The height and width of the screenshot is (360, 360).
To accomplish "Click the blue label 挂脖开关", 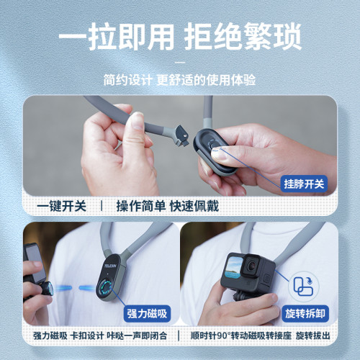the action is point(304,184).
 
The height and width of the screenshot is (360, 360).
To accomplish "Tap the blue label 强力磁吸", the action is point(147,313).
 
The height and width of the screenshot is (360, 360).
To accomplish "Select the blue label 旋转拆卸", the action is point(305,313).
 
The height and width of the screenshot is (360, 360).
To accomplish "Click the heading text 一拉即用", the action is point(117,37).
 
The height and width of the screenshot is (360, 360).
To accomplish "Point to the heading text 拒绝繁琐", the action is point(243,37).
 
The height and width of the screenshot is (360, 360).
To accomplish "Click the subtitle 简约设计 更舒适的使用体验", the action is point(179,80).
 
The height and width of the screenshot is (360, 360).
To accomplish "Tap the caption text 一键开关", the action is point(61,206).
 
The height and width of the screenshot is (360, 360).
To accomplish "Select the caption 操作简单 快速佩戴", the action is point(168,206).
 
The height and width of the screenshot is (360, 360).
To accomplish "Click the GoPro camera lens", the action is point(251,265).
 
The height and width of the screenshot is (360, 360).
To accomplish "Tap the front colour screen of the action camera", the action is point(234,269).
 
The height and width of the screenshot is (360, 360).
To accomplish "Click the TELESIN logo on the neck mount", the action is point(110,266).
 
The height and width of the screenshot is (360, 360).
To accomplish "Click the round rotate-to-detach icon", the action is point(303,286).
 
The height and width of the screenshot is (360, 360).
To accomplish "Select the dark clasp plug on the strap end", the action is point(181,135).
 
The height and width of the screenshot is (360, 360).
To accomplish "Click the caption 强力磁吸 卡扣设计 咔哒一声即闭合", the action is point(100,336).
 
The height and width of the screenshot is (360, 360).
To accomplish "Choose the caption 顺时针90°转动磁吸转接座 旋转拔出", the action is point(260,336).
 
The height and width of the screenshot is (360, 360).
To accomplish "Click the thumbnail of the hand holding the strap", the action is point(180,146).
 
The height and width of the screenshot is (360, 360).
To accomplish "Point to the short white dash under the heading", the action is point(180,63).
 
